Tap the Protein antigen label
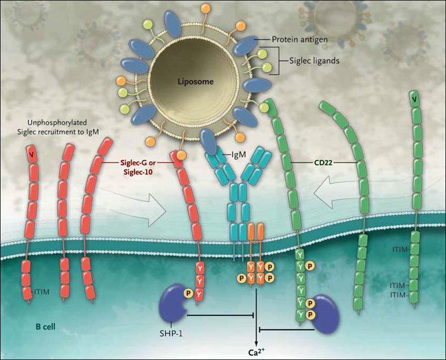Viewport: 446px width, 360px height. tap(301, 40)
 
